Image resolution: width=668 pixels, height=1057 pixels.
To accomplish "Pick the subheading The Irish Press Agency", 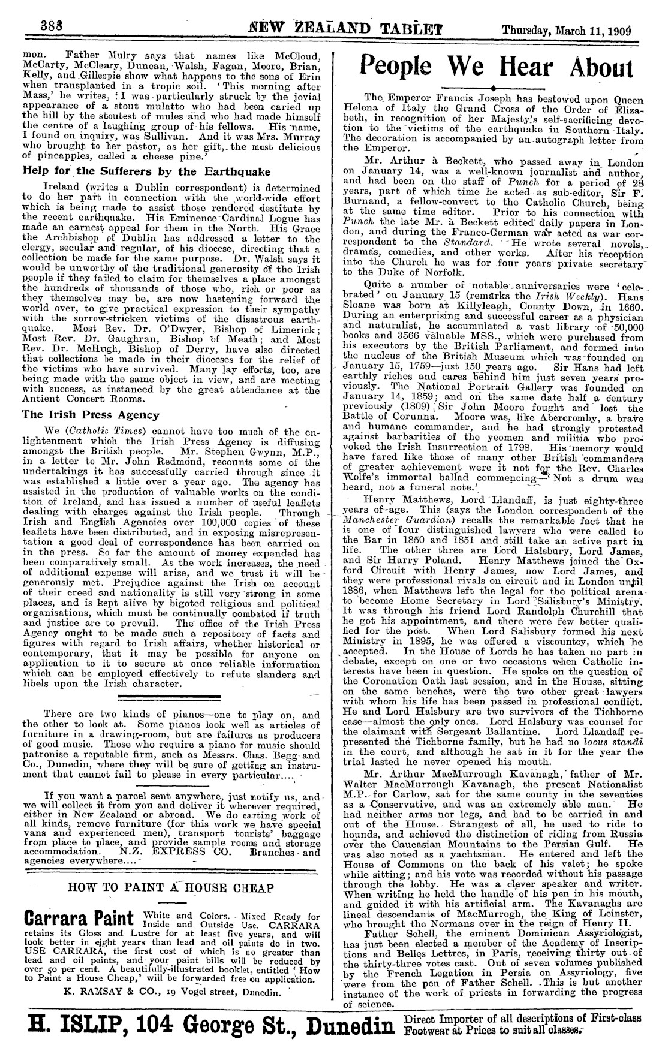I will point(91,415).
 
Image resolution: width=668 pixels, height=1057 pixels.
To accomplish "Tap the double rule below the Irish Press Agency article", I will point(170,697).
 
